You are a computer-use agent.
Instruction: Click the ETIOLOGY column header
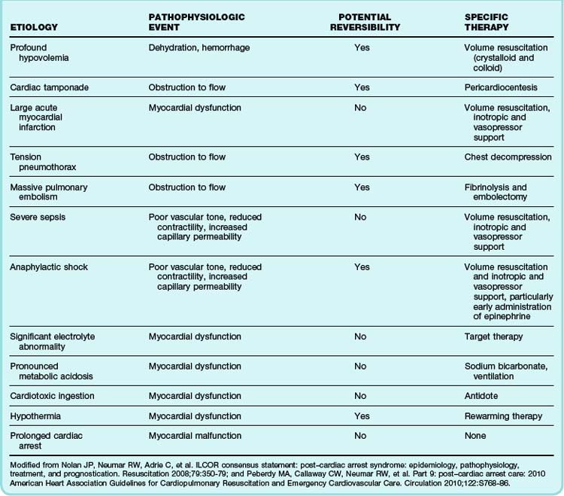click(x=33, y=28)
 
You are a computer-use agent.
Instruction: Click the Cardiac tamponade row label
click(x=50, y=87)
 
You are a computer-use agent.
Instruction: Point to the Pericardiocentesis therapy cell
click(x=499, y=87)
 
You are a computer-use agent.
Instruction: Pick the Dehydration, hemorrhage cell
click(x=199, y=48)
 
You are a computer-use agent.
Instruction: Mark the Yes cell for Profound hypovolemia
click(x=362, y=48)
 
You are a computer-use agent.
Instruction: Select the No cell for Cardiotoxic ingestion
click(x=360, y=394)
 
